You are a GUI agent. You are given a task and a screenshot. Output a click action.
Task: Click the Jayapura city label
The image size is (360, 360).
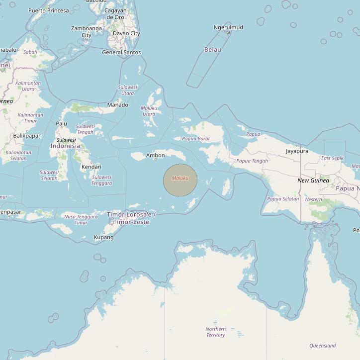[x=297, y=151]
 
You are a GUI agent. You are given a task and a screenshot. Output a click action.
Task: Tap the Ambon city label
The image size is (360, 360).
[x=155, y=156]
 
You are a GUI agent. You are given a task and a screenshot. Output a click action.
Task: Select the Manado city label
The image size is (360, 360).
[x=118, y=105]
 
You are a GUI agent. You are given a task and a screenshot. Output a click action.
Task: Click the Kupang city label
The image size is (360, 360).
[x=104, y=237]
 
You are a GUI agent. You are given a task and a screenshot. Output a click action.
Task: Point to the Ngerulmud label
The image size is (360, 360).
[x=228, y=27]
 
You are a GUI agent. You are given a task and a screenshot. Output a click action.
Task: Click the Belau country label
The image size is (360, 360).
[x=213, y=50]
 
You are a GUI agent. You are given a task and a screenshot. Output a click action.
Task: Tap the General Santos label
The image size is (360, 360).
[x=121, y=52]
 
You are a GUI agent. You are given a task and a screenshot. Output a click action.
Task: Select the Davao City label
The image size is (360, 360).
[x=126, y=33]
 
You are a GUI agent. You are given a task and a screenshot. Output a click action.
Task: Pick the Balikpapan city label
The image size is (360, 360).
[x=27, y=135]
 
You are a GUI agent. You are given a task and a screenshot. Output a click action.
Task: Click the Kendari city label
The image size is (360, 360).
[x=91, y=167]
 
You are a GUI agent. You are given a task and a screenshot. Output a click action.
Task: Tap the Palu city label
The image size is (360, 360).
[x=62, y=123]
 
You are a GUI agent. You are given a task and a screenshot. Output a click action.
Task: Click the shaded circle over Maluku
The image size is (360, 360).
[x=180, y=180]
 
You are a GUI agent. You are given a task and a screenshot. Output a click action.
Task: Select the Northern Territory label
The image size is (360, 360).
[x=216, y=332]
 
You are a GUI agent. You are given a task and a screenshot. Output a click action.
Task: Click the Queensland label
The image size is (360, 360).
[x=322, y=346]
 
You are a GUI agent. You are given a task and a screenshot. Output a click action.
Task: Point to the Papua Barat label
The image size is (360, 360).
[x=196, y=139]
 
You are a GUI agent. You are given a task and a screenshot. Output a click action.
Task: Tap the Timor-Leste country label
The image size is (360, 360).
[x=128, y=218]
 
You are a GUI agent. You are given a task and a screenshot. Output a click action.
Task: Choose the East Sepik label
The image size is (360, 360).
[x=332, y=158]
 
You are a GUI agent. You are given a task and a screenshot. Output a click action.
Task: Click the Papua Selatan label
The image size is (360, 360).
[x=283, y=199]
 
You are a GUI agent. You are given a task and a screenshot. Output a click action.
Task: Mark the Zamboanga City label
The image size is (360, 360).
[x=87, y=32]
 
